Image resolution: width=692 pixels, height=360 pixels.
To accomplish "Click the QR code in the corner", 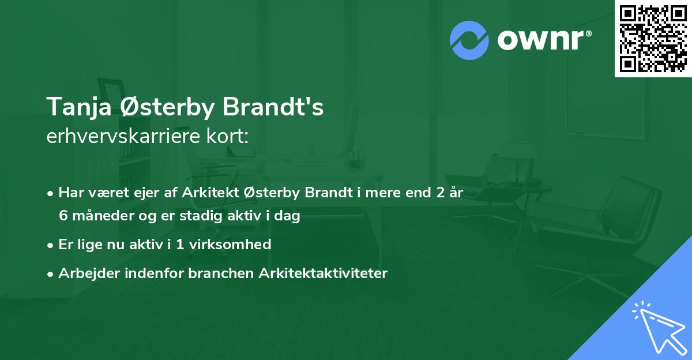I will coord(653,38).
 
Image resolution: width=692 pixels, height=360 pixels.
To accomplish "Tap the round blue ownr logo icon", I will coord(469,40).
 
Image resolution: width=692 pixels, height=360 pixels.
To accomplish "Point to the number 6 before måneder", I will coord(63,216).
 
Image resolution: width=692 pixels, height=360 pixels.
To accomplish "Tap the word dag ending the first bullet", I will coord(289,216).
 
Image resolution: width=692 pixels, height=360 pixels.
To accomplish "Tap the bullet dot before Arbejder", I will coord(51,273).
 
